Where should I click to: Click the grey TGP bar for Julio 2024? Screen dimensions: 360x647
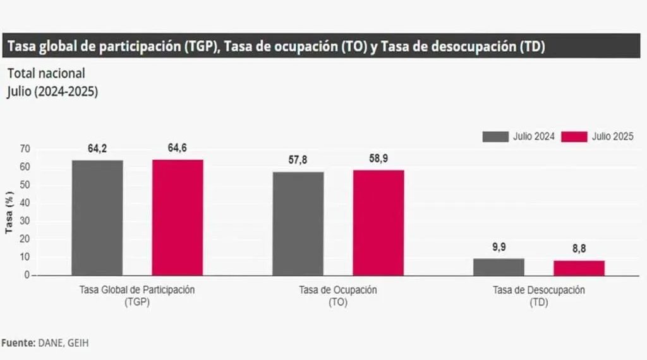tap(97, 217)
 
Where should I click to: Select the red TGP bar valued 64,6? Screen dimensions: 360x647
tap(178, 217)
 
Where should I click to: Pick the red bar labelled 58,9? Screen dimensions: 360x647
tap(378, 222)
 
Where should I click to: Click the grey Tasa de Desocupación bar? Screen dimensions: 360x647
tap(499, 267)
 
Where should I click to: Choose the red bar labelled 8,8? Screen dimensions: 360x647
tap(579, 268)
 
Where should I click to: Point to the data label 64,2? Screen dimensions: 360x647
tap(97, 149)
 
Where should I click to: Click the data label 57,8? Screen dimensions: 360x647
tap(298, 160)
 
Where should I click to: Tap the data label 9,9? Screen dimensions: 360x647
tap(499, 247)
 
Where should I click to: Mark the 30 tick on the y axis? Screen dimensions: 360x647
tap(25, 221)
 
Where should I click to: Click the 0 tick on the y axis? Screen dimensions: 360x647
tap(28, 275)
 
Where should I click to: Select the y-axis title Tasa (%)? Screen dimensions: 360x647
tap(9, 212)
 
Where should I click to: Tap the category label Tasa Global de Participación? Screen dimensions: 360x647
tap(137, 291)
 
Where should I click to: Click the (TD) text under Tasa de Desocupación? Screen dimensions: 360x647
tap(538, 303)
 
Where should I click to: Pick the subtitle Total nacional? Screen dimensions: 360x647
tap(46, 73)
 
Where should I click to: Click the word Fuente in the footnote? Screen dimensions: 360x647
tap(16, 342)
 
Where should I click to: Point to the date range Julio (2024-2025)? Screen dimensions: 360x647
tap(52, 91)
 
